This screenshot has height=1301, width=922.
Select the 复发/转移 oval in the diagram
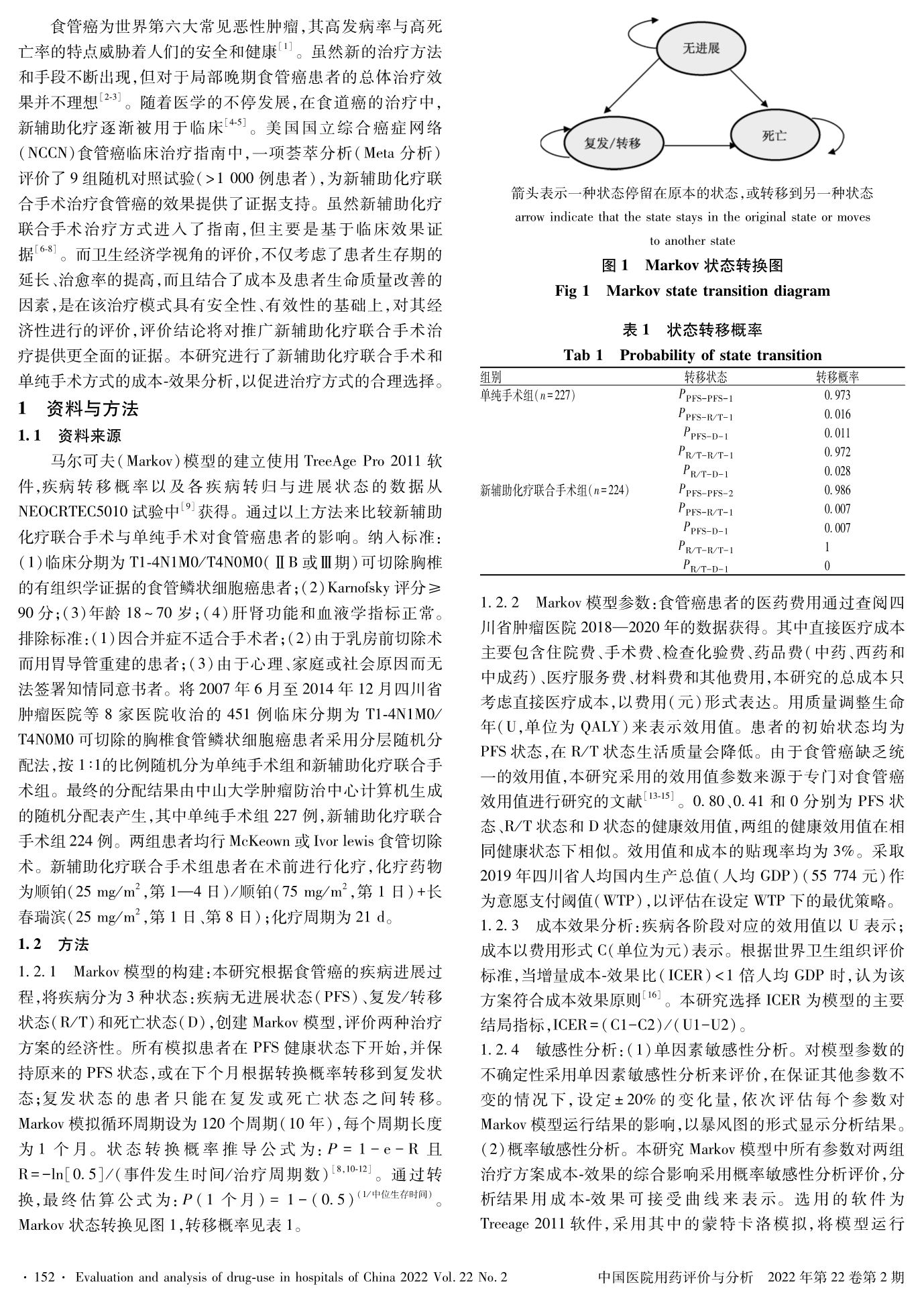pos(612,142)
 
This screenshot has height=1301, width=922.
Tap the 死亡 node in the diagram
pos(774,136)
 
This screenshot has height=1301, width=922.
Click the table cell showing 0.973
pos(837,395)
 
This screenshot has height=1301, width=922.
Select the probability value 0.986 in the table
pos(837,490)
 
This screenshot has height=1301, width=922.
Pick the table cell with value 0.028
pos(837,471)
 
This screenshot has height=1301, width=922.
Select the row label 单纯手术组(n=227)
pos(528,395)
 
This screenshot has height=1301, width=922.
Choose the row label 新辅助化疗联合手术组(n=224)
pos(555,490)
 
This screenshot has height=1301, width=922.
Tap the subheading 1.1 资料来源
pos(70,436)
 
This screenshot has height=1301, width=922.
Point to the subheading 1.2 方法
pos(54,945)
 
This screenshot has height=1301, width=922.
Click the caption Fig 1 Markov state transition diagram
pos(692,291)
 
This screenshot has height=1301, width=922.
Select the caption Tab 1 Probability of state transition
pos(692,355)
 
